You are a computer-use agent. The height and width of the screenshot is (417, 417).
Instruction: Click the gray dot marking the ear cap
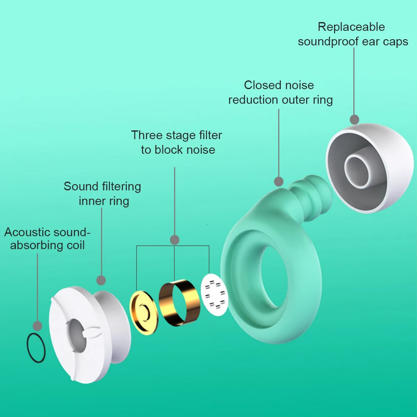click(354, 120)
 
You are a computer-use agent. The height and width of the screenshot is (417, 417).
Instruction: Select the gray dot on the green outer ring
click(278, 181)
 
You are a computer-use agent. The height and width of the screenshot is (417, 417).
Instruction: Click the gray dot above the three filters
click(175, 240)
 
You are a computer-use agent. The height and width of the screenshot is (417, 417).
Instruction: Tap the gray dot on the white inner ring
click(101, 280)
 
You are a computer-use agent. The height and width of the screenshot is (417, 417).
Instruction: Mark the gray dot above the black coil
click(37, 326)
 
